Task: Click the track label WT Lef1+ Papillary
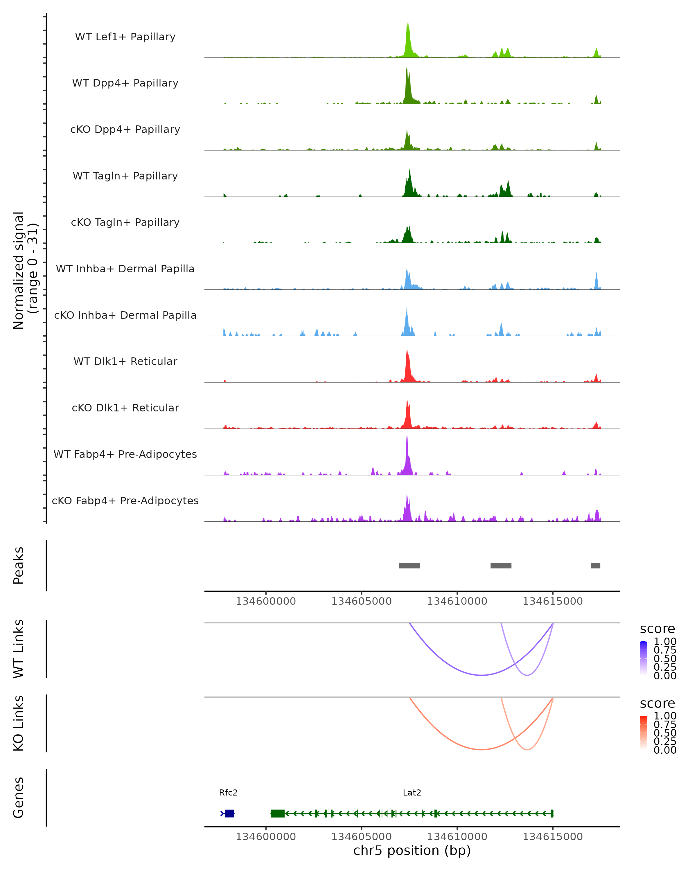click(125, 37)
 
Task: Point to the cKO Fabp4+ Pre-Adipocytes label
click(125, 501)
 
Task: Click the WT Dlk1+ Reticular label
click(125, 361)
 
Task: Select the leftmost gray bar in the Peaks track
click(409, 566)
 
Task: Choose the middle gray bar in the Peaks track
click(501, 566)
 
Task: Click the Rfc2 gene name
click(228, 793)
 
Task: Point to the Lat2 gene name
click(412, 793)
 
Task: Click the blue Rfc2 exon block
click(229, 813)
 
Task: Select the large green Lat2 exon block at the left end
click(278, 813)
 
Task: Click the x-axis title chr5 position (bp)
click(412, 851)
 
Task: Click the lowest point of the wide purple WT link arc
click(481, 675)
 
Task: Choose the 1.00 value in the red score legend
click(665, 716)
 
